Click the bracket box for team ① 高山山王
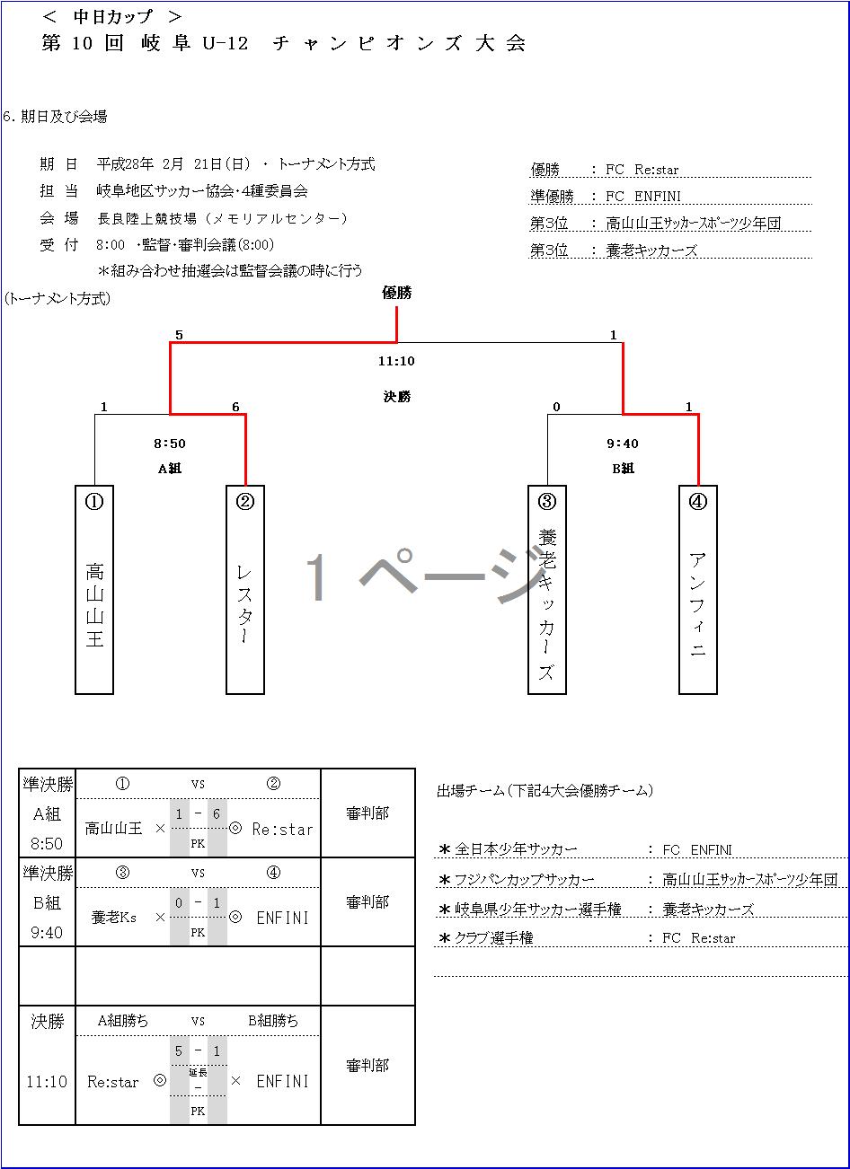[94, 590]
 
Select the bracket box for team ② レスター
[245, 590]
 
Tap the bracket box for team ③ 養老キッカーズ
[547, 590]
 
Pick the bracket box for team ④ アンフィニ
[698, 590]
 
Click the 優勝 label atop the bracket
[396, 292]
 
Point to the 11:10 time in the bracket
[396, 361]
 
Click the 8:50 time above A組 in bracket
[171, 444]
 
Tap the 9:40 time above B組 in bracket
[623, 444]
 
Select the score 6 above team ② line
[235, 407]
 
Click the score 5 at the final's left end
[179, 335]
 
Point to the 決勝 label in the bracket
[396, 396]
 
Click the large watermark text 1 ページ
[422, 575]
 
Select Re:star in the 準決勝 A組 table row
[282, 829]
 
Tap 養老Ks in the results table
[114, 918]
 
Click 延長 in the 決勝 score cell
[198, 1072]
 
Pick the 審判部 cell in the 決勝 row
[367, 1066]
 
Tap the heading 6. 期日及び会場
[56, 117]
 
